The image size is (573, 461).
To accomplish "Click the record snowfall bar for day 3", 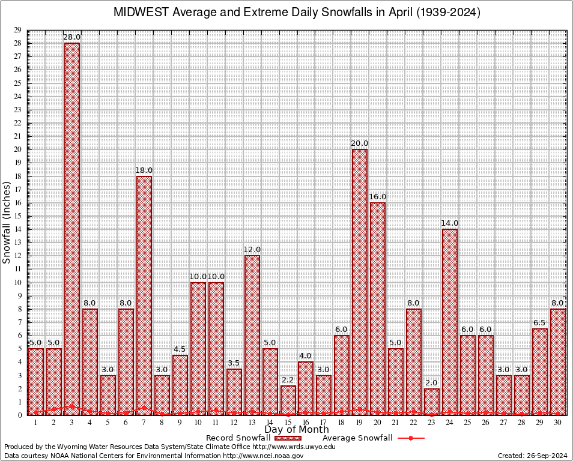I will (x=72, y=228).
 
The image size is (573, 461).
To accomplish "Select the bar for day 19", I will (x=360, y=282).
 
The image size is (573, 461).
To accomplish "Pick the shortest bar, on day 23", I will (x=432, y=402).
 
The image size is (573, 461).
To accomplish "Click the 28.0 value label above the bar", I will (x=72, y=37).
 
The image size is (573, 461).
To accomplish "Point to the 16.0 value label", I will (x=378, y=197).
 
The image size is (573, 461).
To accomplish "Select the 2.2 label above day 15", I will (x=288, y=380).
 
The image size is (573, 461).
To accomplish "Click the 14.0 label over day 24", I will (x=450, y=223).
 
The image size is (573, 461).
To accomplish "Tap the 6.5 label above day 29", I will (x=540, y=323).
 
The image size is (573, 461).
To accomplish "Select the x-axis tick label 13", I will (x=252, y=423).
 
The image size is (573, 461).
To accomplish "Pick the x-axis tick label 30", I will (x=558, y=423).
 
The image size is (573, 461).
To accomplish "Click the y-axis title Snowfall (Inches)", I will (x=7, y=223).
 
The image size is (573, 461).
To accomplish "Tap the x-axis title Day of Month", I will (x=297, y=430).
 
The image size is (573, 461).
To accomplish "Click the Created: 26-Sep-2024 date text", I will (x=532, y=456).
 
